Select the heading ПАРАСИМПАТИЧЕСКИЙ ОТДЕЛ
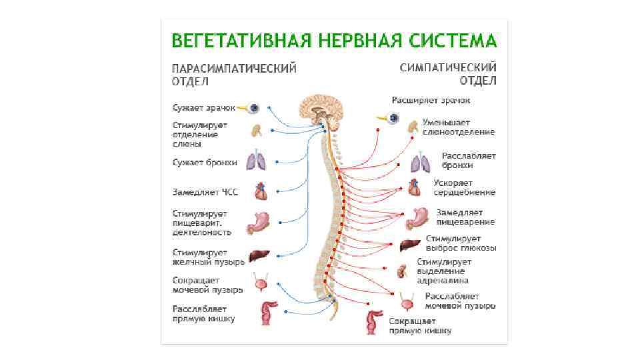pos(234,75)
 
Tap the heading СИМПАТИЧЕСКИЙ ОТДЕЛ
pos(448,74)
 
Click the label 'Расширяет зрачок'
pos(430,100)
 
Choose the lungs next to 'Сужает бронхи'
pos(256,161)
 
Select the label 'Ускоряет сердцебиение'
pos(465,187)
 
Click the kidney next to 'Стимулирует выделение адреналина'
pos(402,271)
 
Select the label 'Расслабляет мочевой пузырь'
pos(460,301)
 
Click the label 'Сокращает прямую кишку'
pos(420,325)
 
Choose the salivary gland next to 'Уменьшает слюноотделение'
pos(412,126)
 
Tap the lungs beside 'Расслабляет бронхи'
pos(419,162)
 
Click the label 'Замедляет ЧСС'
pos(205,192)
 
